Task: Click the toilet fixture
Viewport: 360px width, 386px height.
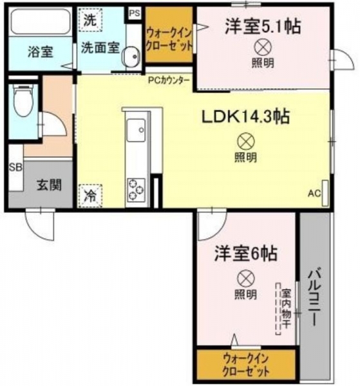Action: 23,100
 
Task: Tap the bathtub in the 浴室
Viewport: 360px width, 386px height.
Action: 41,21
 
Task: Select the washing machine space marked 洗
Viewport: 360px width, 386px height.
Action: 90,20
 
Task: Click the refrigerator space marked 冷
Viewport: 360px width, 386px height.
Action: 90,196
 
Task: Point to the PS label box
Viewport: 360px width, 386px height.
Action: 135,14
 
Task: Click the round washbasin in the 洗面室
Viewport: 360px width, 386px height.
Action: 131,57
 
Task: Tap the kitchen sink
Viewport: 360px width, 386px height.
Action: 136,130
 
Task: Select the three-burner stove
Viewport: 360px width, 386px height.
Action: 136,190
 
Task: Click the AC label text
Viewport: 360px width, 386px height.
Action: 314,194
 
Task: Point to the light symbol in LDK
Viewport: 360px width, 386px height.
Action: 246,142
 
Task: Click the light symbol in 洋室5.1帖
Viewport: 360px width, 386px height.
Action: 263,48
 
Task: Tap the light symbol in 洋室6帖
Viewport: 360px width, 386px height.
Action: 246,279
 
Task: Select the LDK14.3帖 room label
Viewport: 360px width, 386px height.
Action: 245,117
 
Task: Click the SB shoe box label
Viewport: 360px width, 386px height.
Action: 15,167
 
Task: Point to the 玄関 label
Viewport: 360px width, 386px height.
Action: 50,185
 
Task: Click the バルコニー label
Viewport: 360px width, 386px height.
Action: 314,298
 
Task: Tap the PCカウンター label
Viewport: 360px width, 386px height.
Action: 169,80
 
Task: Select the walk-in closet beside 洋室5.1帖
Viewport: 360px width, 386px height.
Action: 169,35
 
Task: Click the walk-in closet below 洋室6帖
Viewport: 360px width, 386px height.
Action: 246,364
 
